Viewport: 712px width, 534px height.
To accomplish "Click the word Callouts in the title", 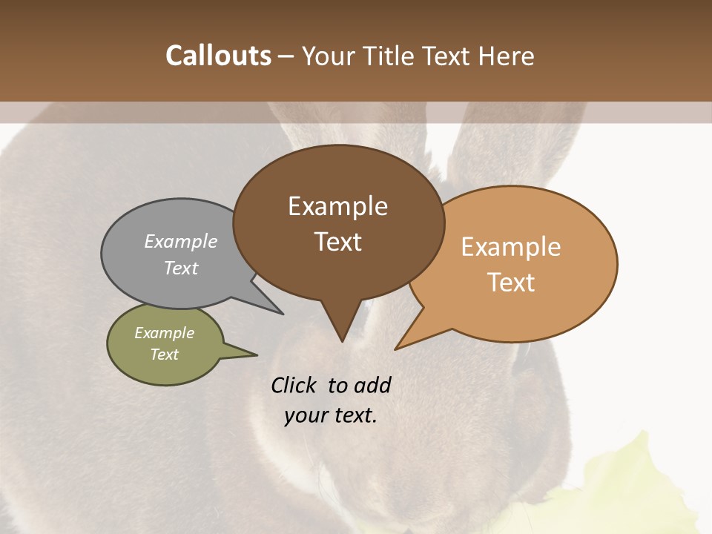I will tap(218, 56).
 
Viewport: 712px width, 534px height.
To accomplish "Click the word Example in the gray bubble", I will tap(181, 241).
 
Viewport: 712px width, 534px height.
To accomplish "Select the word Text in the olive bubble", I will tap(164, 355).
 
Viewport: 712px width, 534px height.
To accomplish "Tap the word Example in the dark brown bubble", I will tap(337, 206).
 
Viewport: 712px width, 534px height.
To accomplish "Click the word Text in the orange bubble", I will tap(512, 282).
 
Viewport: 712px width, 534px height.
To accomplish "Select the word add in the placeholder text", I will tap(372, 385).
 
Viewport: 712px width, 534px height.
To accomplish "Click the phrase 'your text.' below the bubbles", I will tap(331, 415).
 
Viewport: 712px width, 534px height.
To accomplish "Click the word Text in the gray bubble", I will tap(181, 268).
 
